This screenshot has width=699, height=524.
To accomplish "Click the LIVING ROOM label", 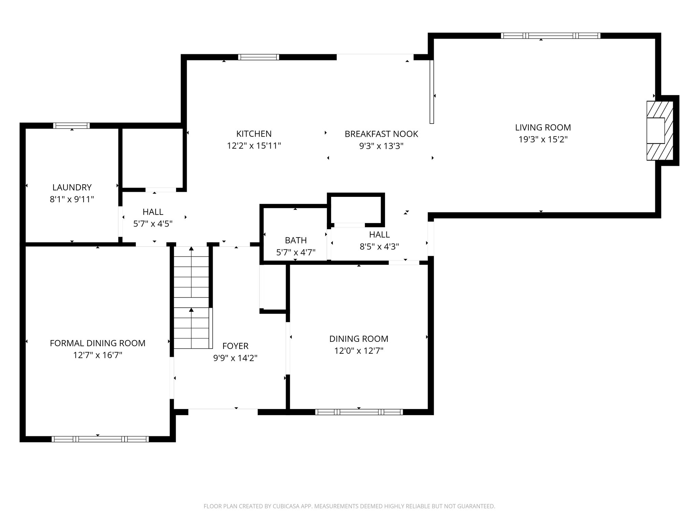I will click(543, 127).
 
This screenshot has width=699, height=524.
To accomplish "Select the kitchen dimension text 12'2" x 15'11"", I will click(254, 146).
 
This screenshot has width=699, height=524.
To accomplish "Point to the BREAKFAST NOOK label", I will click(381, 134).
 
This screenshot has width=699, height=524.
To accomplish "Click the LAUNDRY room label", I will click(72, 187).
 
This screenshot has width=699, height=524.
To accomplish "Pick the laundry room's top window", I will click(71, 126).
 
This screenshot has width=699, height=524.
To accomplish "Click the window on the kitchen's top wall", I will click(258, 57).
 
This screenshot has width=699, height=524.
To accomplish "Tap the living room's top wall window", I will click(550, 35).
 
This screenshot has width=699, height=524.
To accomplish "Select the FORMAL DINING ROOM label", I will click(98, 343).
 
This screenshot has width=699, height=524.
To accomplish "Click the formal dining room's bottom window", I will click(100, 439).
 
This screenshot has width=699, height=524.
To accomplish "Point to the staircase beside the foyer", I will click(191, 297).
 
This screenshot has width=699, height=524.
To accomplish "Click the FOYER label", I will click(235, 346).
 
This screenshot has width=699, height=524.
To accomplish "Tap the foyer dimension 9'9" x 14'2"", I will click(235, 358).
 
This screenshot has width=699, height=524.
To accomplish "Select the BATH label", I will click(296, 240).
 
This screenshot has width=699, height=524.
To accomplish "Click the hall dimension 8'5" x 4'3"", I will click(379, 247).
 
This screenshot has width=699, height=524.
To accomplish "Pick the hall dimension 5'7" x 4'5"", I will click(153, 224).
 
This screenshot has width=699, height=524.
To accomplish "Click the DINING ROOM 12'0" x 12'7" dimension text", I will click(359, 351).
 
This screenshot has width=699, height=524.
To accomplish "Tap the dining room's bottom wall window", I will click(359, 412).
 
